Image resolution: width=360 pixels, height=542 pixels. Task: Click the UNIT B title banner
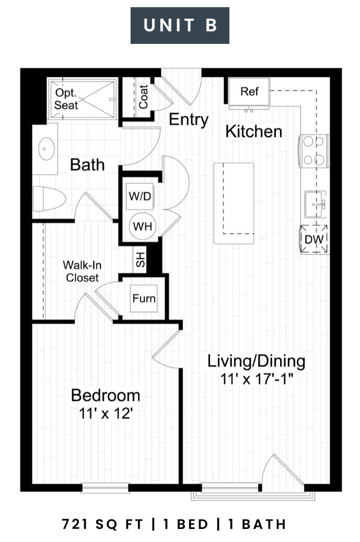(x=180, y=25)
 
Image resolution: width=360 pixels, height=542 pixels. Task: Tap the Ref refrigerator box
(x=249, y=92)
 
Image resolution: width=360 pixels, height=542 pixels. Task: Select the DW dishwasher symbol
(x=314, y=239)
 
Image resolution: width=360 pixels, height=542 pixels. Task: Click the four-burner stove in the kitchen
(x=314, y=151)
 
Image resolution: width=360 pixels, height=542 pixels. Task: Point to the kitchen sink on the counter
(x=316, y=204)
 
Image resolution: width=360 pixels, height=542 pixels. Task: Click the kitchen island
(x=234, y=203)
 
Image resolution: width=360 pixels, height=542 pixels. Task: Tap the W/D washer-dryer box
(x=140, y=197)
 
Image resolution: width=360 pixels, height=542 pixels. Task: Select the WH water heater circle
(x=142, y=226)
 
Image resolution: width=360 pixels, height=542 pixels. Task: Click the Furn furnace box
(x=144, y=298)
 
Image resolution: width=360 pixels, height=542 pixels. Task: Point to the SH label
(x=140, y=259)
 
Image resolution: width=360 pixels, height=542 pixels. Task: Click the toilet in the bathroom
(x=49, y=199)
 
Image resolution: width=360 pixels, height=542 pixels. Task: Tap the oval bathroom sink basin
(x=47, y=148)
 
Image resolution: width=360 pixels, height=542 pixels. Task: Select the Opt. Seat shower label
(x=66, y=99)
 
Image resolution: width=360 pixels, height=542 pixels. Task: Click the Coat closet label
(x=143, y=97)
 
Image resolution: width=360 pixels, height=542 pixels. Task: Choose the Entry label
(x=189, y=120)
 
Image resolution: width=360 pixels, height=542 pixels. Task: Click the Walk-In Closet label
(x=82, y=271)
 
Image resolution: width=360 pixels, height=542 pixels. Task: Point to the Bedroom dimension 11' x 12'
(x=106, y=413)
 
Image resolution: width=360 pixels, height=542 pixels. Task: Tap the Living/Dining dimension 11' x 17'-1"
(x=257, y=379)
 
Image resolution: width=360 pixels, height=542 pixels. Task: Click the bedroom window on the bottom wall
(x=105, y=488)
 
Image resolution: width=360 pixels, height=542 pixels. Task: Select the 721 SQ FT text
(x=102, y=524)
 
